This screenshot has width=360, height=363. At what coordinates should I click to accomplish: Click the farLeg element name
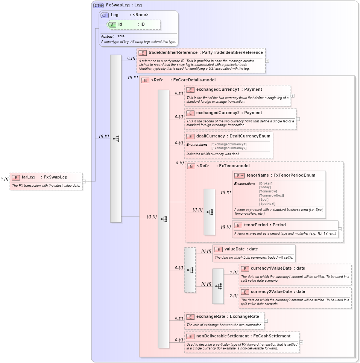click(28, 177)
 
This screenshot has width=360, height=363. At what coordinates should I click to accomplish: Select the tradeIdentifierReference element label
click(173, 52)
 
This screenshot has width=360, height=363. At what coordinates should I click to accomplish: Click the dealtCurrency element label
click(210, 136)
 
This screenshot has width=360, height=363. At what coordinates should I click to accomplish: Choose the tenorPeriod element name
click(260, 225)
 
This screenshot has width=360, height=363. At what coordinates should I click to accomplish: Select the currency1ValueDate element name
click(272, 268)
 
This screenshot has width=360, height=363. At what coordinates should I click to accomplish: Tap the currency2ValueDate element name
click(272, 291)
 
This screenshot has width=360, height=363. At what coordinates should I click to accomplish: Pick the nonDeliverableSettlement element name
click(222, 336)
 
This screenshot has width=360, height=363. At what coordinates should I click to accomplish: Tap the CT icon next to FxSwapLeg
click(98, 5)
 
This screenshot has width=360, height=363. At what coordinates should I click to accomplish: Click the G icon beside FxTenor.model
click(191, 166)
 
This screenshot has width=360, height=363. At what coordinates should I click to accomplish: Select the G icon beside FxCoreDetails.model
click(145, 80)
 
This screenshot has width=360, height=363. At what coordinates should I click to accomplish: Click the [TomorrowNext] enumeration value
click(271, 195)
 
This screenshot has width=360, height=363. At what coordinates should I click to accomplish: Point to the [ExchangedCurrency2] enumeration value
click(229, 148)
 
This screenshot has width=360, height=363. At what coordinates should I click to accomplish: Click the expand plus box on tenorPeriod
click(340, 229)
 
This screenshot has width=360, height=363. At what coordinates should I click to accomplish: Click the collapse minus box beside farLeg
click(84, 181)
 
